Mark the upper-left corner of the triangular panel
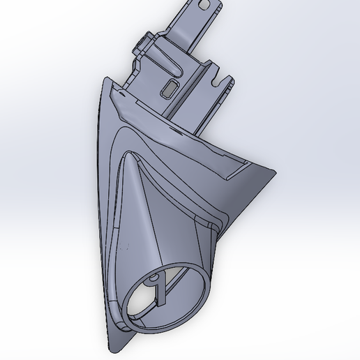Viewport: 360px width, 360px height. click(x=104, y=78)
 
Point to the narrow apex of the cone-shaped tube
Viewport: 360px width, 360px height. click(x=128, y=157)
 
